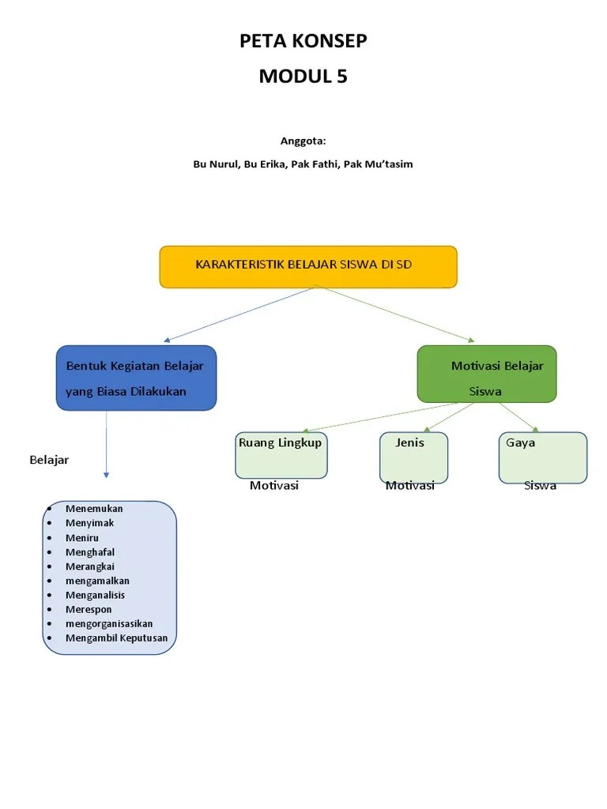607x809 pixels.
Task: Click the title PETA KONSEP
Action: pyautogui.click(x=303, y=41)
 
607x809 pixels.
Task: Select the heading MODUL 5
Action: pyautogui.click(x=303, y=77)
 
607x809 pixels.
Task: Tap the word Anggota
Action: pyautogui.click(x=303, y=141)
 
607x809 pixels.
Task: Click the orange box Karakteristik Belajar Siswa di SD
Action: pyautogui.click(x=308, y=266)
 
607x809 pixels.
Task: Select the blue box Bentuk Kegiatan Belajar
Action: pyautogui.click(x=136, y=378)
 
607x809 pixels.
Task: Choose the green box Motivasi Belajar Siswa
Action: pyautogui.click(x=487, y=374)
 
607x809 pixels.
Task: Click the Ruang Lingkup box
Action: pyautogui.click(x=281, y=456)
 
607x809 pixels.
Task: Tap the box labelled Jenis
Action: pyautogui.click(x=413, y=457)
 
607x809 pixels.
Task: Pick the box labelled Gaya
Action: pyautogui.click(x=542, y=457)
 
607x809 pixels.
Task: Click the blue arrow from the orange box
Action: pyautogui.click(x=237, y=314)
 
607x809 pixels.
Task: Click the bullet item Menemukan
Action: pyautogui.click(x=94, y=509)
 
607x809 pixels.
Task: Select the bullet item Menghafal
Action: pyautogui.click(x=91, y=552)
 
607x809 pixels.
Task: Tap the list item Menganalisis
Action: pyautogui.click(x=95, y=595)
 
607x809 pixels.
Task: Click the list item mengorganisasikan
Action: pyautogui.click(x=109, y=623)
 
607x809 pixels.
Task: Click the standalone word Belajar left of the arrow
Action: pyautogui.click(x=49, y=460)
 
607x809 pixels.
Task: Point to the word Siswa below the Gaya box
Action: pyautogui.click(x=540, y=485)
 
